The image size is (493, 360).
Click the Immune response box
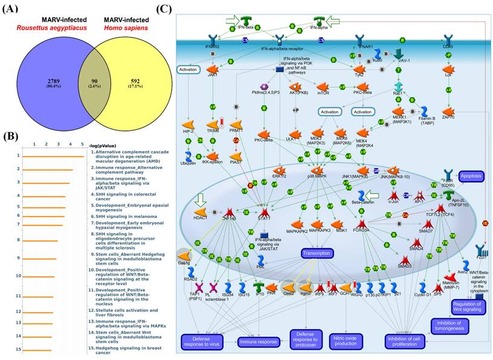[x=260, y=342]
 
